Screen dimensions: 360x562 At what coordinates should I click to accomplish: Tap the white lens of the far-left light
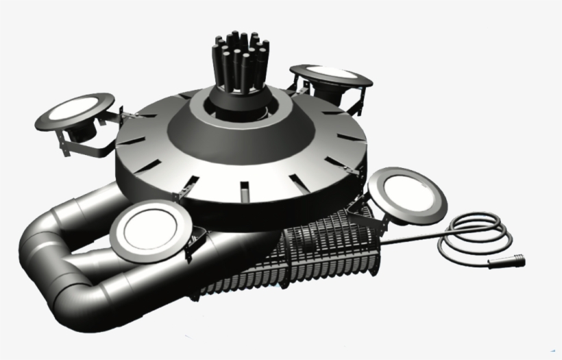75,109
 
